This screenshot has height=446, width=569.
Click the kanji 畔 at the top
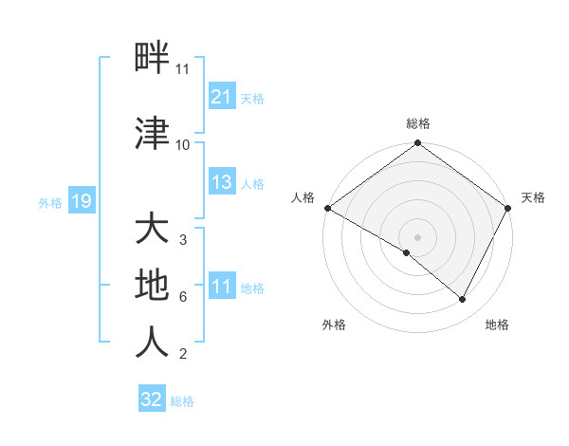pyautogui.click(x=153, y=58)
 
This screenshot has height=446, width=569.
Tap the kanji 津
pyautogui.click(x=153, y=134)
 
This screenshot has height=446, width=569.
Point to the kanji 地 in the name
pyautogui.click(x=153, y=285)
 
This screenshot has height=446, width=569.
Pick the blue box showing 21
pyautogui.click(x=221, y=97)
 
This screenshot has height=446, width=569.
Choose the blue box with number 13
pyautogui.click(x=221, y=183)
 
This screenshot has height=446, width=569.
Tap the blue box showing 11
pyautogui.click(x=221, y=288)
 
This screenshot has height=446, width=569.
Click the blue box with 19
pyautogui.click(x=81, y=201)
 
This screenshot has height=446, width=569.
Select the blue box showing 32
pyautogui.click(x=152, y=400)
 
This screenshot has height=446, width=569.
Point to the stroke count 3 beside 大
pyautogui.click(x=182, y=240)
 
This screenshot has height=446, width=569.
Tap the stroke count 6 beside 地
pyautogui.click(x=182, y=297)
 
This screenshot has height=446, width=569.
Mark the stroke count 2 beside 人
pyautogui.click(x=182, y=355)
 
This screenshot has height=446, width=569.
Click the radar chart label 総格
pyautogui.click(x=417, y=123)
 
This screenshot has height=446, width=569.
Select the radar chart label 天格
pyautogui.click(x=533, y=197)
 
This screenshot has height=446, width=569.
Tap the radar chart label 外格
pyautogui.click(x=334, y=325)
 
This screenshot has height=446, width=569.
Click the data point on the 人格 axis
pyautogui.click(x=327, y=208)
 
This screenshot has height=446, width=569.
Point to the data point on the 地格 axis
pyautogui.click(x=463, y=300)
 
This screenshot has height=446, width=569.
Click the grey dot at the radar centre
pyautogui.click(x=417, y=236)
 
